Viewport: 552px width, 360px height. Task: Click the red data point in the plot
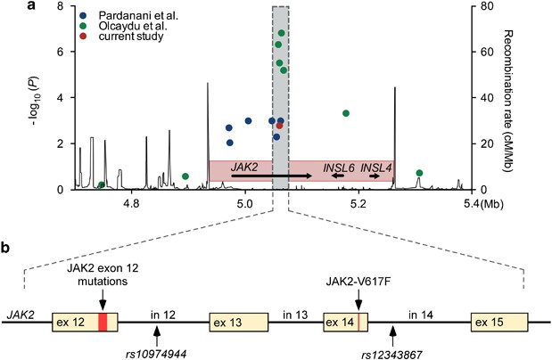coord(279,126)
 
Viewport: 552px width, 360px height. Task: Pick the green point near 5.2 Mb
coord(346,113)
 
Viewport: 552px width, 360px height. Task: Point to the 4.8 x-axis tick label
coord(133,204)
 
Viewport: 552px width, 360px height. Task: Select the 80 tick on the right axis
coord(480,6)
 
